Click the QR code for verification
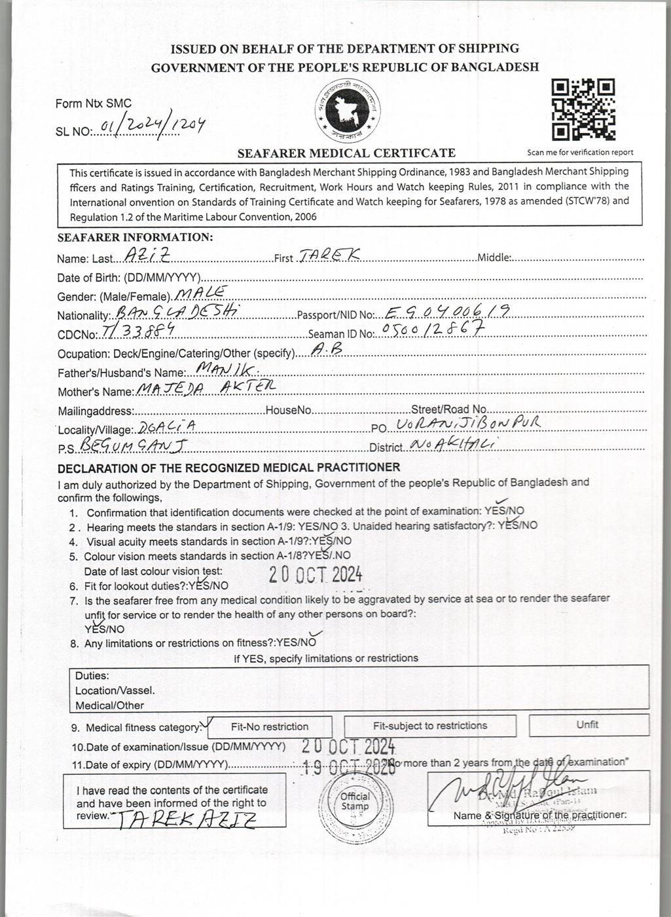[x=583, y=110]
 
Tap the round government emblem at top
[x=346, y=111]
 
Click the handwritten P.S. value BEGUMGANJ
[x=134, y=446]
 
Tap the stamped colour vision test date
[x=316, y=574]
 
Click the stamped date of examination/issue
[x=349, y=746]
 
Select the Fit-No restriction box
[x=269, y=726]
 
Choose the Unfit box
[x=588, y=724]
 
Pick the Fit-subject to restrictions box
[x=430, y=726]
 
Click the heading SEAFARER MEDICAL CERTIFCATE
[x=346, y=153]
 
